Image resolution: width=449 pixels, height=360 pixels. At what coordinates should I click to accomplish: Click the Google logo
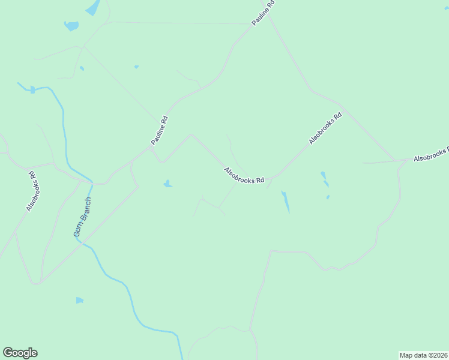(x=20, y=353)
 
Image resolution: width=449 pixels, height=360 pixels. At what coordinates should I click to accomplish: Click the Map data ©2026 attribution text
(x=424, y=355)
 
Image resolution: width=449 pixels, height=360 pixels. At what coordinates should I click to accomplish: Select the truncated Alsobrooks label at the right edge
(x=431, y=155)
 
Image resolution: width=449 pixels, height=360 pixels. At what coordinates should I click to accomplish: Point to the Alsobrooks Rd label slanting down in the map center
(x=244, y=176)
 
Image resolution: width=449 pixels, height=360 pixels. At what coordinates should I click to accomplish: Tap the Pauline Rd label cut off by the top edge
(x=264, y=12)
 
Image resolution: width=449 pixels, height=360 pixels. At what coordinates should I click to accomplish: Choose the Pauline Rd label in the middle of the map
(x=160, y=130)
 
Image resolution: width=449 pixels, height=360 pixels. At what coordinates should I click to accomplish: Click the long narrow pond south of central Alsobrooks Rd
(x=286, y=202)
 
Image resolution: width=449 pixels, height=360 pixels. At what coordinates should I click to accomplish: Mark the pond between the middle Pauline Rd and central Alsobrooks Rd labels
(x=167, y=184)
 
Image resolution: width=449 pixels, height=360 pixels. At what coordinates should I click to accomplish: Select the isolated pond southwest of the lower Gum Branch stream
(x=79, y=300)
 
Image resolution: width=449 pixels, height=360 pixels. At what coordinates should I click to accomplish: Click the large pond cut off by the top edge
(x=93, y=7)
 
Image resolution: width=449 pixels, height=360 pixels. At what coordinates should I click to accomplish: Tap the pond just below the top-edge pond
(x=71, y=26)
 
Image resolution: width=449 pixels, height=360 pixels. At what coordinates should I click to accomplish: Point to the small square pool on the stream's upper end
(x=32, y=89)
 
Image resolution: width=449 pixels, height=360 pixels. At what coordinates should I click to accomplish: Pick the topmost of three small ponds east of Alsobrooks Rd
(x=323, y=175)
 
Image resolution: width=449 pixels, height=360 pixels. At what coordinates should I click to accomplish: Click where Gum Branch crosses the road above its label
(x=92, y=183)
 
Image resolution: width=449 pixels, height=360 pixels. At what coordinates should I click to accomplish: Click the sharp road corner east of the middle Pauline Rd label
(x=191, y=134)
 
